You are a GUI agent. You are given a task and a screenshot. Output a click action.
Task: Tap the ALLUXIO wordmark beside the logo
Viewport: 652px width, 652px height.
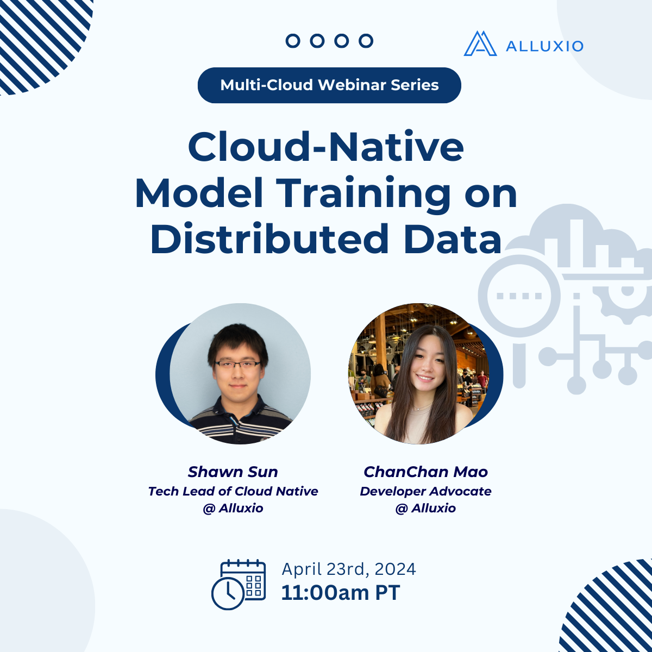(544, 46)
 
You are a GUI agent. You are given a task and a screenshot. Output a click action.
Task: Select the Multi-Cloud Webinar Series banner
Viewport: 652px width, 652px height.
(329, 85)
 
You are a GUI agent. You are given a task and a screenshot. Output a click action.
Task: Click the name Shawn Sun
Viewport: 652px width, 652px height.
(233, 472)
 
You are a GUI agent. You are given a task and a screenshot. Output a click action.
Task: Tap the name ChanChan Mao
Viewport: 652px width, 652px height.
(425, 472)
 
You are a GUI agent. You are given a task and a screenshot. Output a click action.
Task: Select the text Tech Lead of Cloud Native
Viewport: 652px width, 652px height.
(233, 491)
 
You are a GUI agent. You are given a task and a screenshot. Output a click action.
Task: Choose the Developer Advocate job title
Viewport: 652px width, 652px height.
(425, 491)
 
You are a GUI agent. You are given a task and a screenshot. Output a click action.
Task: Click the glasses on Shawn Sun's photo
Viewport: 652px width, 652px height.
(237, 365)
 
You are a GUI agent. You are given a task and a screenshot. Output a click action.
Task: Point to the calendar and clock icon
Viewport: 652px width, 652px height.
(239, 585)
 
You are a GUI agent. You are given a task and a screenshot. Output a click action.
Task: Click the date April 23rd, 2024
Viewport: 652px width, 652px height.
(349, 569)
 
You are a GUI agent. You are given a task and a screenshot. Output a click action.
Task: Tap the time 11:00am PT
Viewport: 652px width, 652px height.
(341, 593)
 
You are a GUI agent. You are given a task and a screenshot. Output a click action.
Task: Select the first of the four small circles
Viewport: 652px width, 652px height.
(293, 41)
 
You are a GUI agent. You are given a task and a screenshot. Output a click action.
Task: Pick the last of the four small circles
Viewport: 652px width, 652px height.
(366, 41)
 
